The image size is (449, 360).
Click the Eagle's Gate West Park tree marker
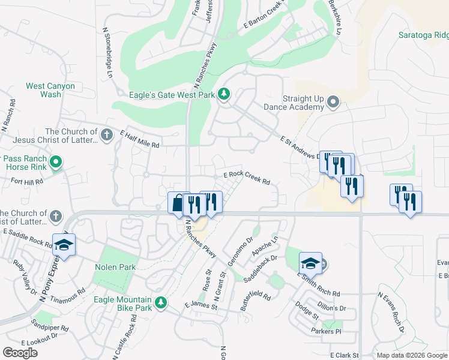click(224, 94)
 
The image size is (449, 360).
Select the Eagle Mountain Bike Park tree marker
click(160, 303)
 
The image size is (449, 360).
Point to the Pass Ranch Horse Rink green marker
click(56, 162)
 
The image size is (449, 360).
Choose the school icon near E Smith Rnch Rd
click(310, 263)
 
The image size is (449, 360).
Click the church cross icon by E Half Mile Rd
click(107, 134)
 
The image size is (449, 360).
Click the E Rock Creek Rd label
click(247, 178)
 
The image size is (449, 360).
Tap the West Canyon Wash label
click(50, 90)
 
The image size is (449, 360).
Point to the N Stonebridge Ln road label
click(108, 53)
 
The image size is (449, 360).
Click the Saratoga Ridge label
click(423, 35)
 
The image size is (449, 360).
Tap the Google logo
click(20, 352)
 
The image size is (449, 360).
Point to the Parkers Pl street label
click(326, 331)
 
